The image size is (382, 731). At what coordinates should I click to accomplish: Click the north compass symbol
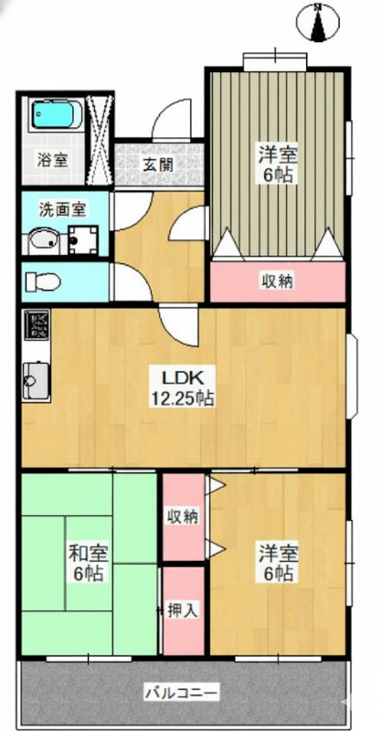(319, 21)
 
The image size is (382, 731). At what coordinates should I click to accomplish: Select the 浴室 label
(53, 160)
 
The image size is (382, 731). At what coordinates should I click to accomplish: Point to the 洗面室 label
(62, 209)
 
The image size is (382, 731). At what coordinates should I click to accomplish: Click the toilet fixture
(43, 282)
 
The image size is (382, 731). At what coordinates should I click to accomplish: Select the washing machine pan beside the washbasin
(83, 240)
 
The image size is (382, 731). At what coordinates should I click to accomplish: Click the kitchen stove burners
(37, 324)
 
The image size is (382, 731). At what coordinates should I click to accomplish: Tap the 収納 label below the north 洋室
(277, 281)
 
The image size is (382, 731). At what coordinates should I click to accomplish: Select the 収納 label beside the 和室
(184, 516)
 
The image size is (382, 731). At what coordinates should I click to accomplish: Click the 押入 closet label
(184, 609)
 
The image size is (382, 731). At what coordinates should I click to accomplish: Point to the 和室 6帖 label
(88, 563)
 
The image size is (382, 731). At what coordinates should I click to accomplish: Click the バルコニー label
(181, 694)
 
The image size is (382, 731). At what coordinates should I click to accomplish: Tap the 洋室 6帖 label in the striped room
(279, 164)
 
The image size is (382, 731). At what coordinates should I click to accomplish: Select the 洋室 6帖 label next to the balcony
(279, 563)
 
